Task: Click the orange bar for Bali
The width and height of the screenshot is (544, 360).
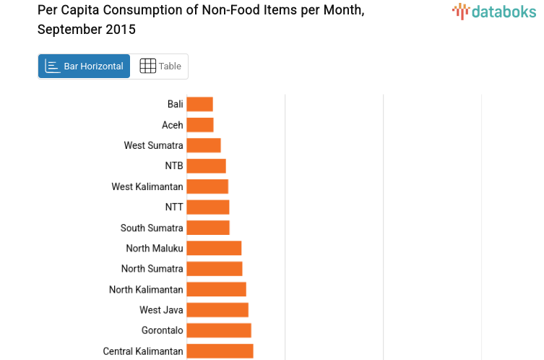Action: [x=199, y=104]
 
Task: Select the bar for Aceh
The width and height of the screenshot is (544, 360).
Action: [x=200, y=125]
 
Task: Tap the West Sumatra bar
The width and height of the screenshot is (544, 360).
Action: [x=204, y=145]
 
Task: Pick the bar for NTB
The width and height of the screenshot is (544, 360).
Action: [x=206, y=166]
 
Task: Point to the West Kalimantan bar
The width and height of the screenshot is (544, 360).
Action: [x=207, y=187]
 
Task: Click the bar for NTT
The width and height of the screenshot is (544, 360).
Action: [x=208, y=207]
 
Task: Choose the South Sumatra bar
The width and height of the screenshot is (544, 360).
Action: [x=208, y=228]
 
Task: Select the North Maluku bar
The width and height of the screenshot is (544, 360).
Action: [x=214, y=248]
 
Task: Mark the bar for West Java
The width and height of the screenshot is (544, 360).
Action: [x=217, y=310]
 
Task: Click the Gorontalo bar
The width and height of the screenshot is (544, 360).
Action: [x=219, y=330]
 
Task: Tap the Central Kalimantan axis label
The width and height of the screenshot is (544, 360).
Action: [x=143, y=351]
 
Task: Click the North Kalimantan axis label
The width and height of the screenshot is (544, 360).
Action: [x=146, y=290]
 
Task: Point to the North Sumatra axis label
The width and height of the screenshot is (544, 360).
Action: [x=152, y=269]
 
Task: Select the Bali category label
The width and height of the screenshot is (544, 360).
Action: [x=175, y=104]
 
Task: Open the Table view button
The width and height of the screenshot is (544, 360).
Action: [x=160, y=67]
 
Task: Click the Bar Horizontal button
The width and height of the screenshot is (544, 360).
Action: [x=85, y=67]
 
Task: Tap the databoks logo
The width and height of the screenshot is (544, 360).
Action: [x=494, y=11]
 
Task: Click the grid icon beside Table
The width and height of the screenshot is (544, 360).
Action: [x=147, y=67]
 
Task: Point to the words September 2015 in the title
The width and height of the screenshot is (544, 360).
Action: [x=86, y=30]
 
